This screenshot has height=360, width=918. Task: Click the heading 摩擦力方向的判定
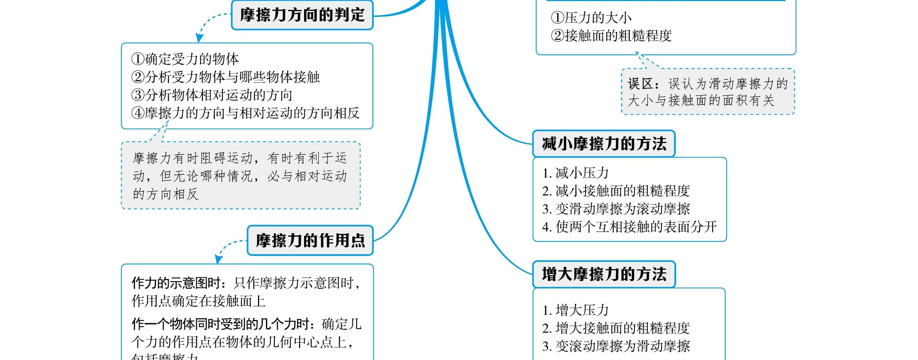point(302,15)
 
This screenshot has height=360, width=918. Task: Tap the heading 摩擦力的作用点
point(310,240)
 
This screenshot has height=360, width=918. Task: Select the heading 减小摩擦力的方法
point(604,144)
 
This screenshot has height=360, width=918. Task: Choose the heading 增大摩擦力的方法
point(604,274)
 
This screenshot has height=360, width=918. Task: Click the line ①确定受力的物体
point(185,59)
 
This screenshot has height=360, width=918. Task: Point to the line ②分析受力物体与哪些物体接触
point(225,77)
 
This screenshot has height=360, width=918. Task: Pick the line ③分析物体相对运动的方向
point(212,95)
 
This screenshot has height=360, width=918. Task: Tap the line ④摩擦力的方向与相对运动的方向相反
point(245,113)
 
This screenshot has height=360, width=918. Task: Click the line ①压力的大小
point(591,18)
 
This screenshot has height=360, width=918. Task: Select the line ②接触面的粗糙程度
point(611,36)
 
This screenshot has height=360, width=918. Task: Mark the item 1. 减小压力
point(575,173)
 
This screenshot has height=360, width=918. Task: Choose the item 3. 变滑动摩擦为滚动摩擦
point(616,209)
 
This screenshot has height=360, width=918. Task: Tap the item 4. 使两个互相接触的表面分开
point(629,227)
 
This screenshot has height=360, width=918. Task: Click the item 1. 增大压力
point(575,310)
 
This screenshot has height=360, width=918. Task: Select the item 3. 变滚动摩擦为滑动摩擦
point(616,346)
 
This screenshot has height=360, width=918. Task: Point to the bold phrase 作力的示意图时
point(176,283)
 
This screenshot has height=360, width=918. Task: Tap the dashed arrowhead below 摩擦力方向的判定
point(199,38)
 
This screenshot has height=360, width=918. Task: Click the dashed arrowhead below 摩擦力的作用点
point(218,259)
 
